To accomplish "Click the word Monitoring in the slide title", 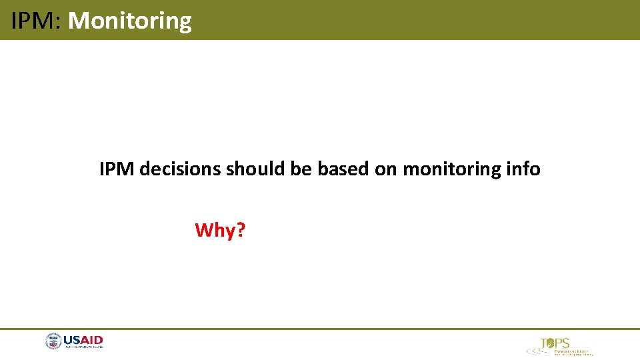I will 129,21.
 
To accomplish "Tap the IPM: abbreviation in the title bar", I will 36,21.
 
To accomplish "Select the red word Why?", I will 220,231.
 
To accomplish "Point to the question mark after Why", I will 241,231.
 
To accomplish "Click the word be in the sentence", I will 302,169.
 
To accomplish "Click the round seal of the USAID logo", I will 53,341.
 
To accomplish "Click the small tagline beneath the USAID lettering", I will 83,347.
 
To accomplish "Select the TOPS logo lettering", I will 555,343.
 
